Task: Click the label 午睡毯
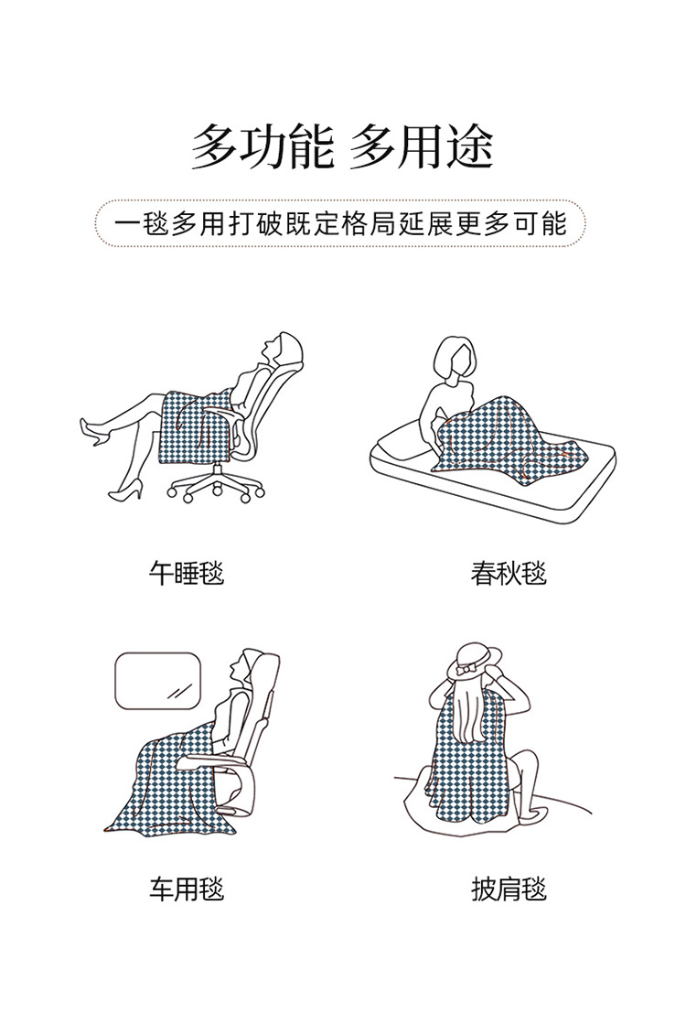186,574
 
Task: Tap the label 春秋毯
509,574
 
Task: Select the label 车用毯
187,889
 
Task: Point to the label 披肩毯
509,889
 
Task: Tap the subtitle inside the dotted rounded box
340,223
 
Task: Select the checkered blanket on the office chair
195,426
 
